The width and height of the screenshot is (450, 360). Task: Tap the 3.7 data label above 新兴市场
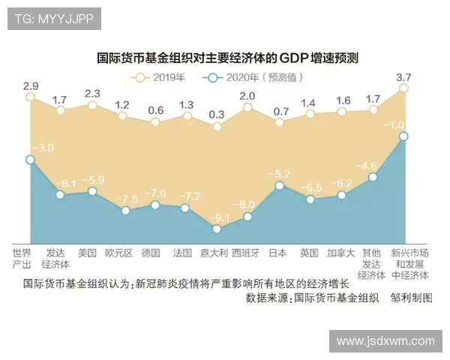click(403, 76)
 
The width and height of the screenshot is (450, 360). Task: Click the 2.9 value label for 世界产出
click(31, 85)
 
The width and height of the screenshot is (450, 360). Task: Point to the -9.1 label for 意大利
click(218, 218)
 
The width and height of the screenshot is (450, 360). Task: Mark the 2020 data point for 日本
click(279, 185)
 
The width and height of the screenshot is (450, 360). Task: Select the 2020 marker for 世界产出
click(30, 159)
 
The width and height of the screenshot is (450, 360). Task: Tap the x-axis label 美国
click(88, 253)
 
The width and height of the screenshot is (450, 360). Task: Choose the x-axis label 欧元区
click(119, 253)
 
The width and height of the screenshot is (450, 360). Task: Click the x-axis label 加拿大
click(340, 253)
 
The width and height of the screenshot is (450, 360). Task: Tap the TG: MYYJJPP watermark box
click(54, 19)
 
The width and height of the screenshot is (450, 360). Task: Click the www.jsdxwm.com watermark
click(385, 340)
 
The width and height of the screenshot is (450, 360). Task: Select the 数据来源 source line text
click(312, 298)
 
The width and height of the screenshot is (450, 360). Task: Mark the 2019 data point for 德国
click(155, 121)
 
